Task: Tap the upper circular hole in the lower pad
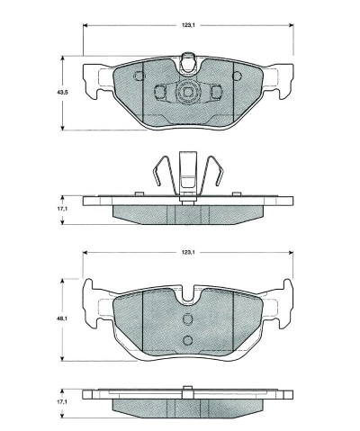coord(188,319)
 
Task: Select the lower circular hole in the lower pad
coord(188,340)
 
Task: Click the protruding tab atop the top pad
coord(188,64)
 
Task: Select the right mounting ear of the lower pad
coord(282,301)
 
